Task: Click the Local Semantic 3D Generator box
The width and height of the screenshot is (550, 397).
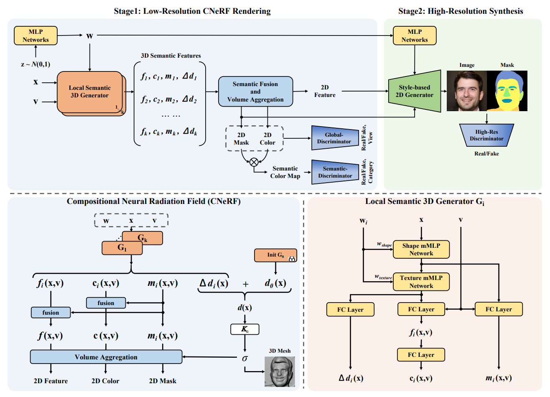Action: coord(89,92)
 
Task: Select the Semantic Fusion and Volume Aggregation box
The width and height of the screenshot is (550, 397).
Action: coord(255,92)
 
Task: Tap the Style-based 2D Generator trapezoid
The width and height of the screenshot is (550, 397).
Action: coord(414,91)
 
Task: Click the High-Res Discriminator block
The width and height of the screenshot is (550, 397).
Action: coord(486,135)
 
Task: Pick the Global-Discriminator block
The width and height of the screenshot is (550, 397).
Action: coord(335,138)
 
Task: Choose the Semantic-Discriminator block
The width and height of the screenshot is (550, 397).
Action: coord(335,172)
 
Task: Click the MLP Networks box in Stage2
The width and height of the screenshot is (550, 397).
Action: coord(414,36)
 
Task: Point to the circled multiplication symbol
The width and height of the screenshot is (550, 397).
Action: coord(254,162)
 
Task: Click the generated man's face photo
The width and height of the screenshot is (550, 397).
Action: coord(466,91)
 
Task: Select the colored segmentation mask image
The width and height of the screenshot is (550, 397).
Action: coord(507,91)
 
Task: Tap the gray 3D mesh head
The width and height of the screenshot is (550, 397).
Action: coord(280,371)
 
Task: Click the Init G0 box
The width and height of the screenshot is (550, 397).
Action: coord(275,255)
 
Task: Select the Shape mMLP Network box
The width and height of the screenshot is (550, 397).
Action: coord(421,249)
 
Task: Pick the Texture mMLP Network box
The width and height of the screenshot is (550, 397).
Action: coord(421,282)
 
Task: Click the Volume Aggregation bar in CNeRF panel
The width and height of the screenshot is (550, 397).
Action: coord(106,357)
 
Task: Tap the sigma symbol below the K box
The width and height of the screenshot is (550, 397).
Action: coord(245,358)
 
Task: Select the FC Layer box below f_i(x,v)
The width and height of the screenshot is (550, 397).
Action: coord(420,354)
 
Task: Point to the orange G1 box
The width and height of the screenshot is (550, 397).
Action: coord(122,248)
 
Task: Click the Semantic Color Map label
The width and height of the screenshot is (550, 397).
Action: coord(285,172)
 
